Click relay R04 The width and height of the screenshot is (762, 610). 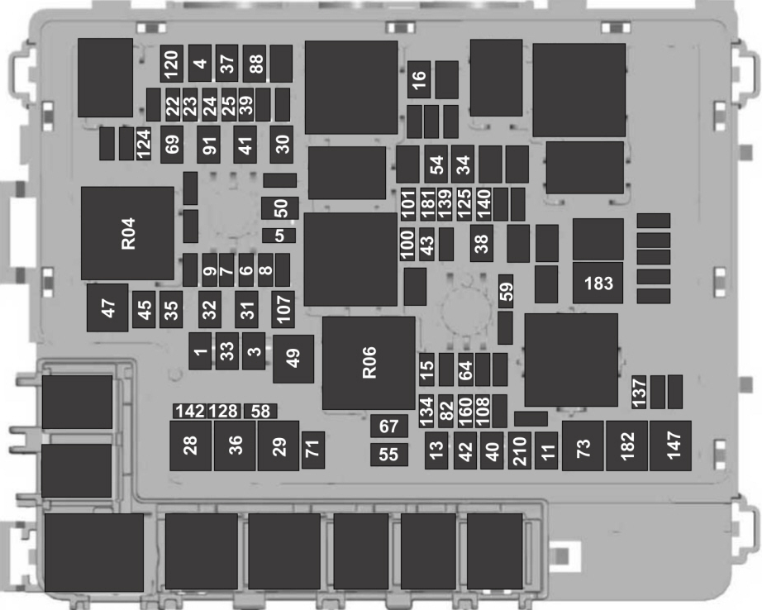[x=127, y=233]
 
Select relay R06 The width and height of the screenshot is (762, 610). [x=369, y=362]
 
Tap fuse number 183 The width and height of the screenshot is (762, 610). [x=598, y=284]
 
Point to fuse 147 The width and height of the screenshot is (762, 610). [x=670, y=446]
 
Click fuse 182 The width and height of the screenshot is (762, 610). [x=626, y=446]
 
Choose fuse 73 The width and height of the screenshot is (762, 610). [x=583, y=446]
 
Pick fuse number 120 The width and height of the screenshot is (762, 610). [x=171, y=61]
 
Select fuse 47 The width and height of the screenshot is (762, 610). [x=107, y=307]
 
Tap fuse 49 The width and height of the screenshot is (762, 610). [x=293, y=358]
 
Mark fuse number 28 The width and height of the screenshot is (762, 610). [x=191, y=446]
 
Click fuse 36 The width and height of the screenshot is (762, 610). [x=235, y=446]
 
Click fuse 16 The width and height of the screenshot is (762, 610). [x=418, y=79]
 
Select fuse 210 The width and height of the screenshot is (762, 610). [x=519, y=451]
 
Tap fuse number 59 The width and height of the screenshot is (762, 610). [x=506, y=292]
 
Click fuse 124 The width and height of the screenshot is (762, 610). [x=145, y=144]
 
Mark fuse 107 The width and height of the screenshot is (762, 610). [x=283, y=308]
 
